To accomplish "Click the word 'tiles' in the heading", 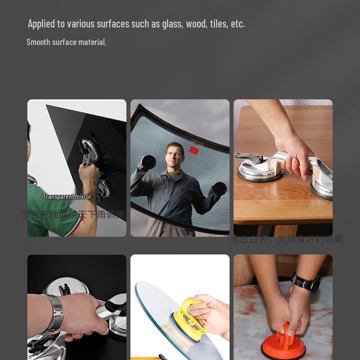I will coord(219,24).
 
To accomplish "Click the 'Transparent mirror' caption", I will coord(67,197).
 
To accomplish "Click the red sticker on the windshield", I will coord(194,150).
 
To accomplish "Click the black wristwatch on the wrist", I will coord(306,283).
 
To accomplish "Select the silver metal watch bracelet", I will coord(54,313).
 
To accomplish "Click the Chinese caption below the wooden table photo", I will coord(287,239).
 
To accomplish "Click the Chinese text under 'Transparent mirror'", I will coord(72,214).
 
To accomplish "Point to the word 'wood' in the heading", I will coord(196,24).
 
